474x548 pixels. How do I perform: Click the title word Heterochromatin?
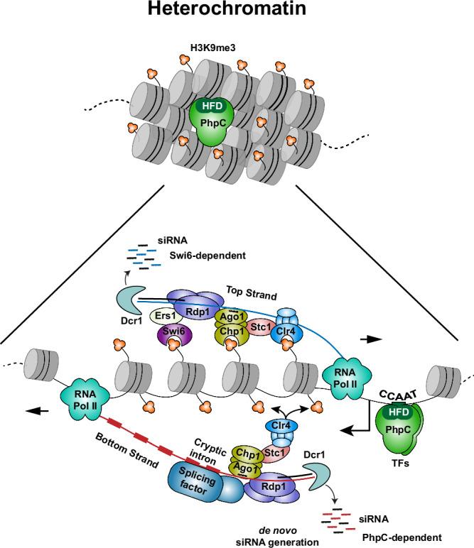pos(237,12)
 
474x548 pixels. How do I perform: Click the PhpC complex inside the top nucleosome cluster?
pos(212,119)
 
